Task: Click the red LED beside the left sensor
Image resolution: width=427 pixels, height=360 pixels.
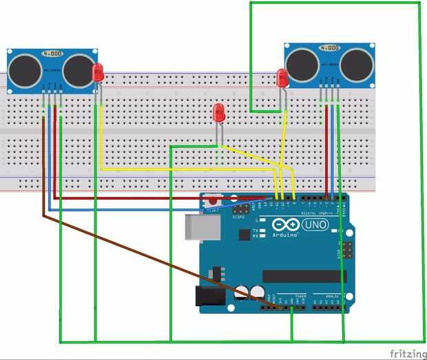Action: pos(98,71)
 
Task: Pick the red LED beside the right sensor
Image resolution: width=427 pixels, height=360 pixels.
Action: pos(282,78)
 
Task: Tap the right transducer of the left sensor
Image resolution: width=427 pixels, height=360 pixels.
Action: pos(76,69)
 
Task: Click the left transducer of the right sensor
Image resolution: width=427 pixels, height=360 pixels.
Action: pos(304,64)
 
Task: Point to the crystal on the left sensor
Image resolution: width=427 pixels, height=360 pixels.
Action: pos(52,53)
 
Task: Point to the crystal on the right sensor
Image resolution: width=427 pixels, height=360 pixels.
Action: pos(330,48)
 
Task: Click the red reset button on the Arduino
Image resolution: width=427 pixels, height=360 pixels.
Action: pos(211,203)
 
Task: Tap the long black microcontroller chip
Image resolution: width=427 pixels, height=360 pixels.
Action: pos(304,276)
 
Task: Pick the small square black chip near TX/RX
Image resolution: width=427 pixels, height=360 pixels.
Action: pos(244,235)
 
